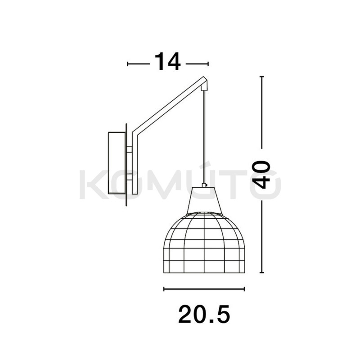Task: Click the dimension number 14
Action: click(167, 61)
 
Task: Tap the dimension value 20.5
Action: click(204, 314)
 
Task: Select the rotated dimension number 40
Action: click(261, 175)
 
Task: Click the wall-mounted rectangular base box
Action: click(117, 163)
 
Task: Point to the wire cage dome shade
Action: click(204, 243)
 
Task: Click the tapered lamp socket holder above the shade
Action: click(204, 200)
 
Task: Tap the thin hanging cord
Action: click(204, 137)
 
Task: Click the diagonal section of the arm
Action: click(170, 106)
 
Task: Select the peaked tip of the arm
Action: click(203, 77)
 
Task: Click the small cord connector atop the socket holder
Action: click(204, 185)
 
